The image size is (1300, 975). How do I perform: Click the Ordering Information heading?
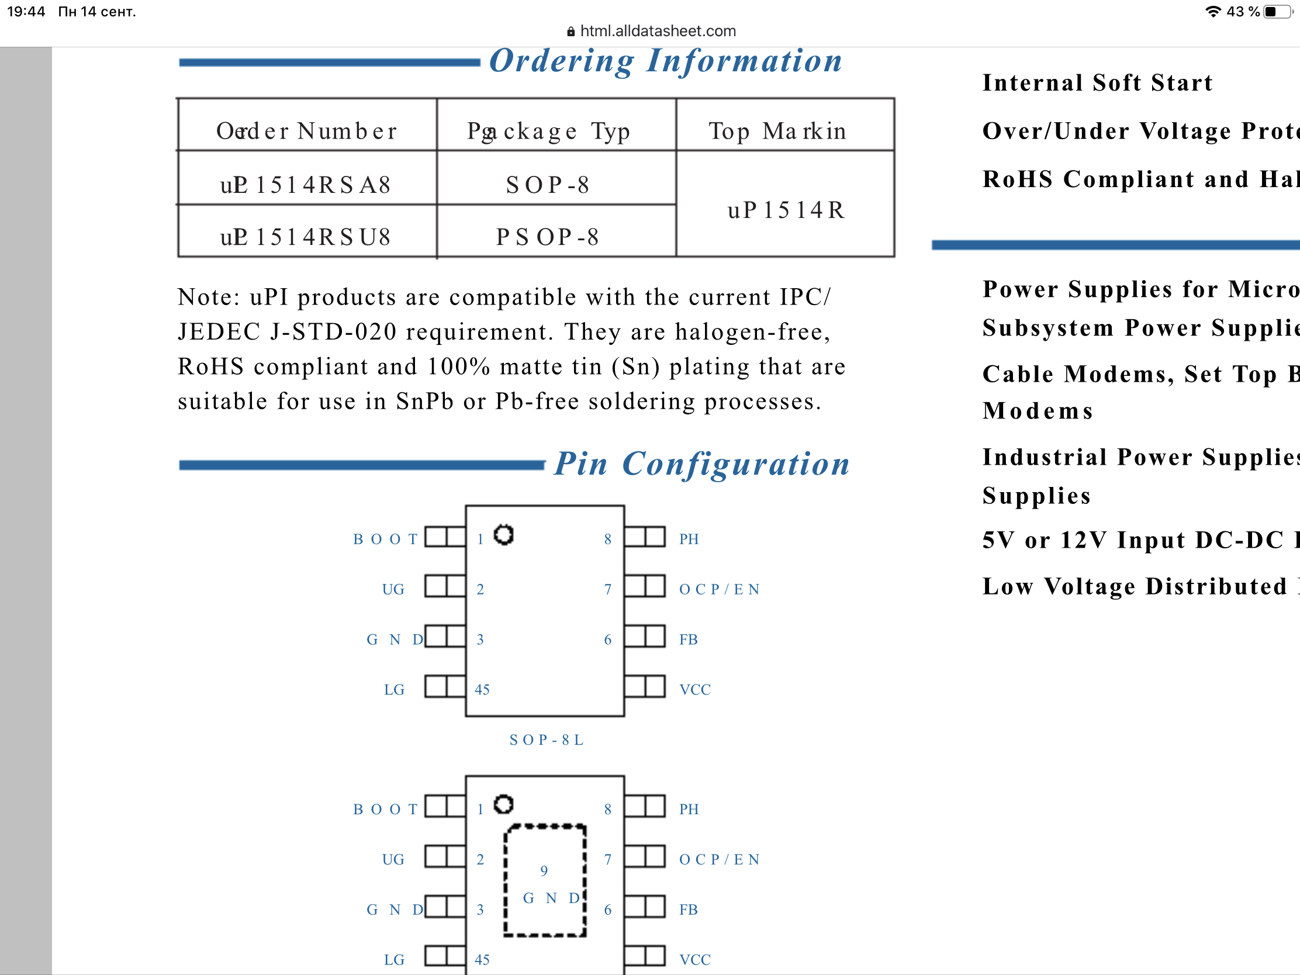665,61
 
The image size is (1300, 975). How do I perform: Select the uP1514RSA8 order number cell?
306,185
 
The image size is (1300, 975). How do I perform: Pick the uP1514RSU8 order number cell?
306,237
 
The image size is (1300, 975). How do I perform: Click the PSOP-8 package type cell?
547,237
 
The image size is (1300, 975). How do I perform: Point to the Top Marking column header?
777,131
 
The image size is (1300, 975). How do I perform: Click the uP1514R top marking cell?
786,210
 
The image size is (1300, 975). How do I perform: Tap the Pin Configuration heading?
701,464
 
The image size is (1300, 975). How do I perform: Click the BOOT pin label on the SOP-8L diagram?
385,539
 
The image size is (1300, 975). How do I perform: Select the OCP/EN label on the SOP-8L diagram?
720,589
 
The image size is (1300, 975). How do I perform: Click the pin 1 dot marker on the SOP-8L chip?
504,535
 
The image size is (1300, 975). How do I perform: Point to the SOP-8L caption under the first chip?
547,740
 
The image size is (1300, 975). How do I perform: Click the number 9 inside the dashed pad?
544,870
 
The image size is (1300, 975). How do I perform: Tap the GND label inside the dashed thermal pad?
551,898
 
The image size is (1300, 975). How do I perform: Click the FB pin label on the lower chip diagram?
688,910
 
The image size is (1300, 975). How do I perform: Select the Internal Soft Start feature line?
1097,83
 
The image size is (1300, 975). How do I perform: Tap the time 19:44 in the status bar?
26,12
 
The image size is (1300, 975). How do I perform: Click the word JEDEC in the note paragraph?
219,332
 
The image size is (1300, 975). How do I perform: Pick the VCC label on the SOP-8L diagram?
694,689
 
